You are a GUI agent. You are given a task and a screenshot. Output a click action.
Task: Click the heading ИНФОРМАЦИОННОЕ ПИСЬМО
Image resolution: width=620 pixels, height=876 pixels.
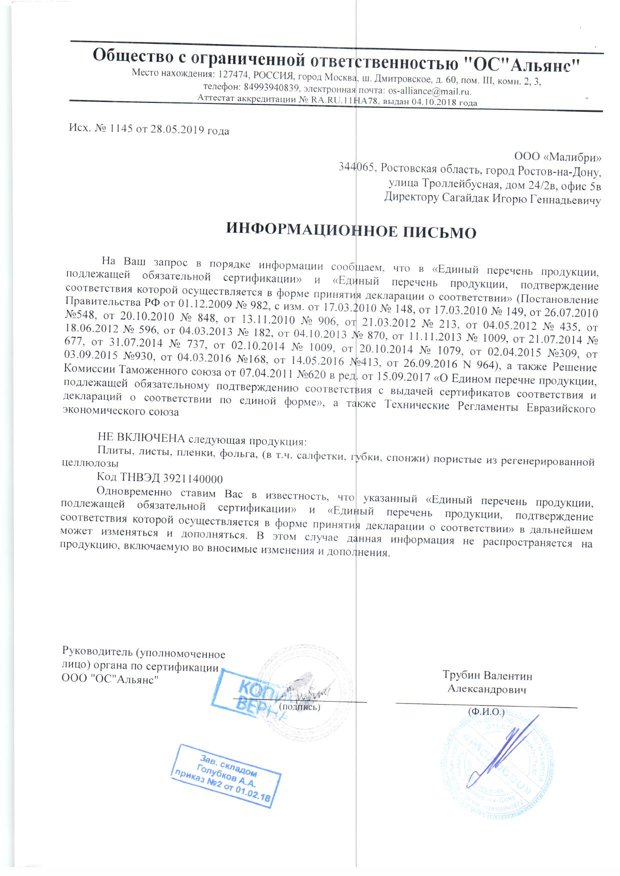[x=351, y=232]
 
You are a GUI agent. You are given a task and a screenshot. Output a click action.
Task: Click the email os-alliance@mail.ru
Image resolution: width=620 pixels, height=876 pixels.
[x=429, y=91]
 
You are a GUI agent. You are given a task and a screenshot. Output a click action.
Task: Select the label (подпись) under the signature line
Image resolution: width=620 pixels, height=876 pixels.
[x=299, y=707]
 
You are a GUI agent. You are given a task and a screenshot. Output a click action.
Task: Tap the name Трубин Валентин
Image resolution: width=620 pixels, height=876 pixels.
[x=487, y=675]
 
